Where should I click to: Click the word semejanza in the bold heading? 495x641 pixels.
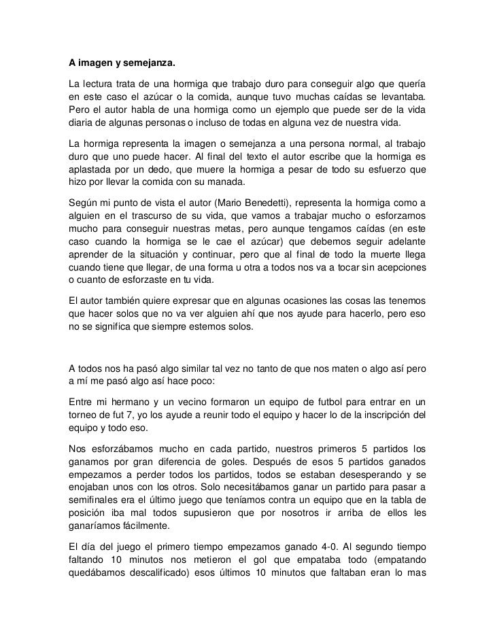[148, 65]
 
